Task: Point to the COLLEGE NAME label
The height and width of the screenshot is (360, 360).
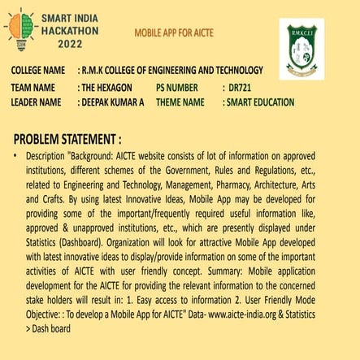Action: (38, 71)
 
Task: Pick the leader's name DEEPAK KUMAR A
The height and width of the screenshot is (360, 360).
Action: (111, 102)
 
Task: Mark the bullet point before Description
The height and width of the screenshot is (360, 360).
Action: (16, 154)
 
